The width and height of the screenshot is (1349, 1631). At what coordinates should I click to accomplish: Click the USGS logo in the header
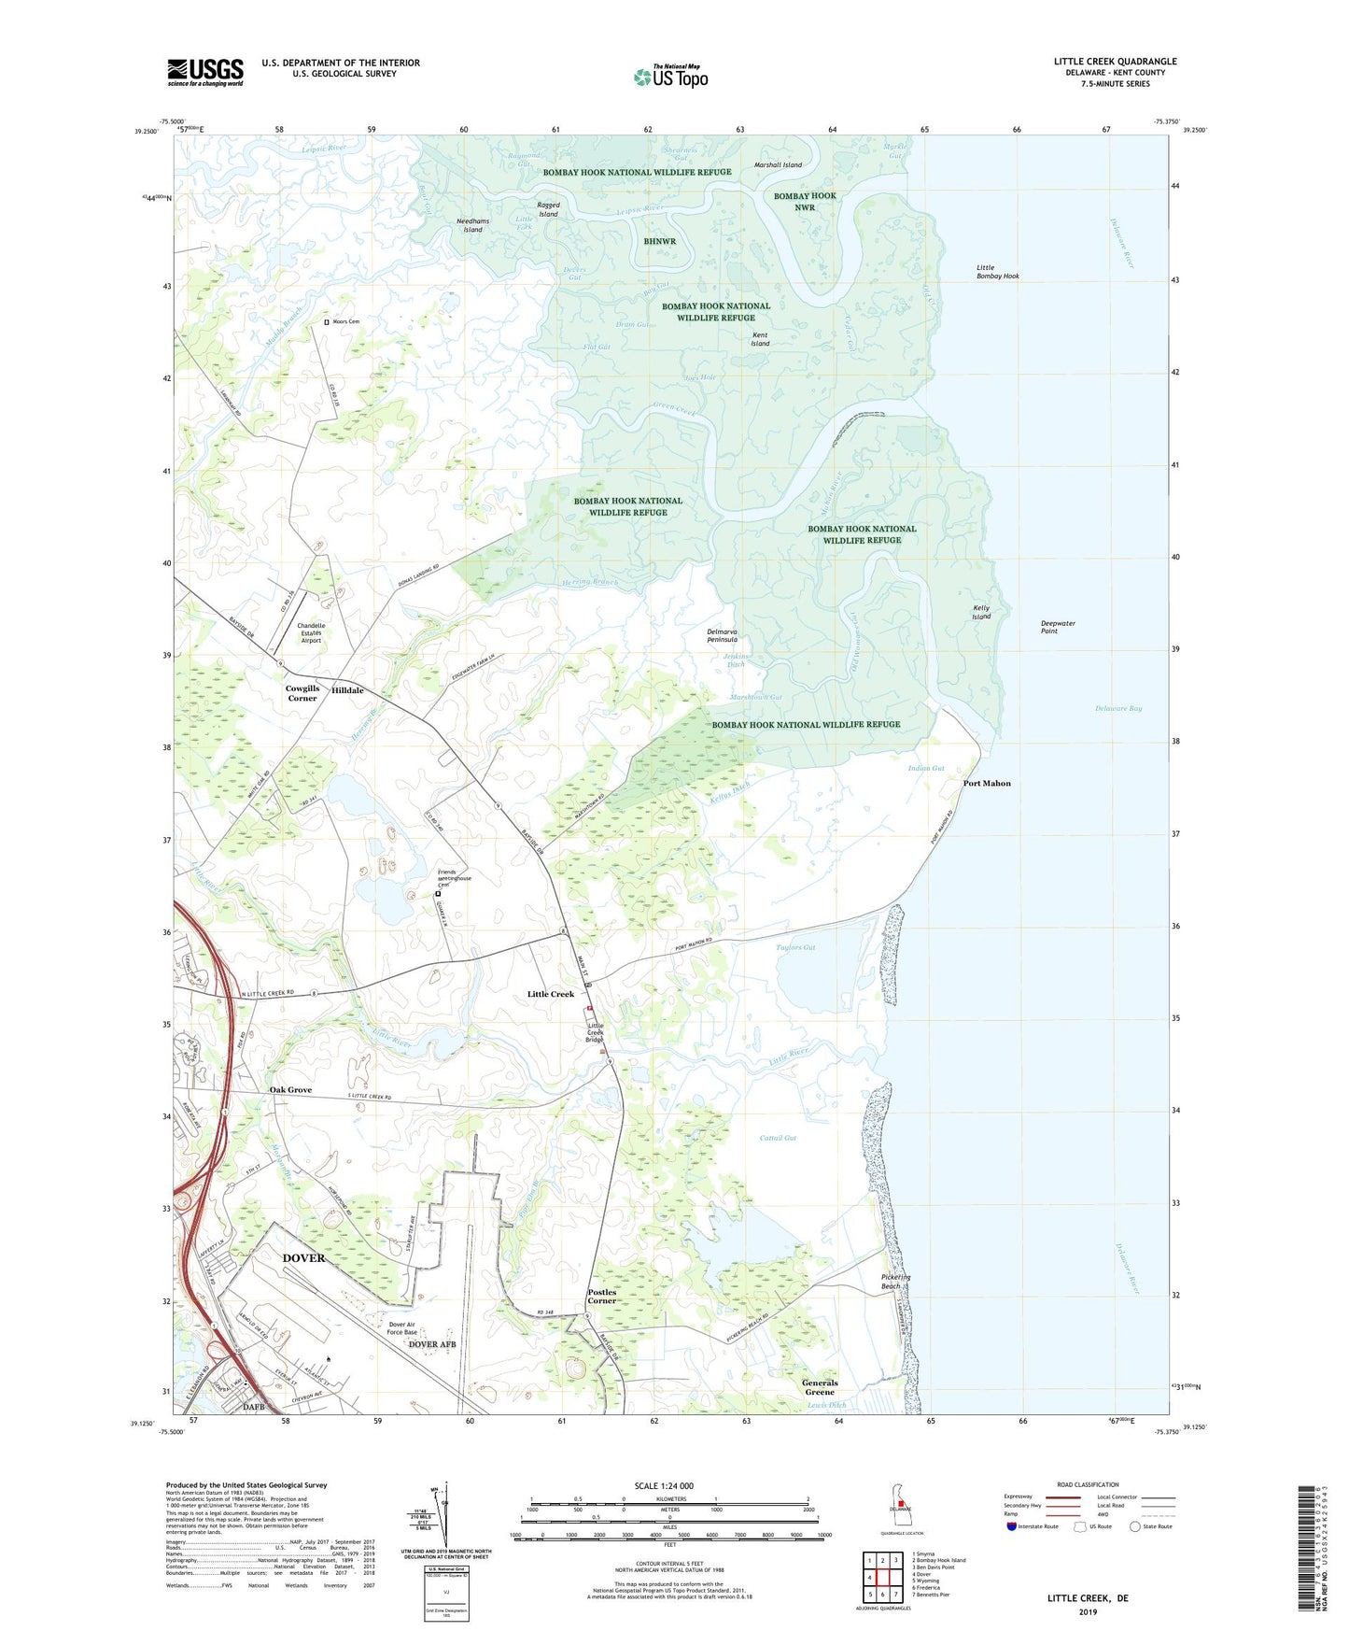(205, 72)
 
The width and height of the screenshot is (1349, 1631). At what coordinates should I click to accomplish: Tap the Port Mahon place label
(987, 783)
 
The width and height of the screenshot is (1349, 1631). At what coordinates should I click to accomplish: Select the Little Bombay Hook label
(997, 272)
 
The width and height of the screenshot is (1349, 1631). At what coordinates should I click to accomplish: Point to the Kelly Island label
(980, 613)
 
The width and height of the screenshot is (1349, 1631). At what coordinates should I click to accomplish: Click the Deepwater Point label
(1058, 627)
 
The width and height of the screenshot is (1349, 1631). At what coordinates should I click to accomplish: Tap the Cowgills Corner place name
(302, 693)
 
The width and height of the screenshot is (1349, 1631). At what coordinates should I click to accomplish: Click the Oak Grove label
(290, 1090)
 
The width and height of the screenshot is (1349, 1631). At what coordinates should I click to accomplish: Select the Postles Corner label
(602, 1297)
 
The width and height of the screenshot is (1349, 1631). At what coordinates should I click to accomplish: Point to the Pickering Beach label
(895, 1282)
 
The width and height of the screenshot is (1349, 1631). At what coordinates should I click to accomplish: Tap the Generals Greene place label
(820, 1387)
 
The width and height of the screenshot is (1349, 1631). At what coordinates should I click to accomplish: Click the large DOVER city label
(304, 1258)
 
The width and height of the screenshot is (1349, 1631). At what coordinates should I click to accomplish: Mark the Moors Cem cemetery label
(345, 321)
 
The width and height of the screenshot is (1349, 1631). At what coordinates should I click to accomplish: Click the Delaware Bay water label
(1118, 708)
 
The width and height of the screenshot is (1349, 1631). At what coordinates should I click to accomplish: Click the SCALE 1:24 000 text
(664, 1486)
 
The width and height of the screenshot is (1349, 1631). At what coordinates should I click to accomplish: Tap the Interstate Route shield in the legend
(1012, 1526)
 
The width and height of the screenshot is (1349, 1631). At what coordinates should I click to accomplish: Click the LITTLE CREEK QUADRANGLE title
(1116, 62)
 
